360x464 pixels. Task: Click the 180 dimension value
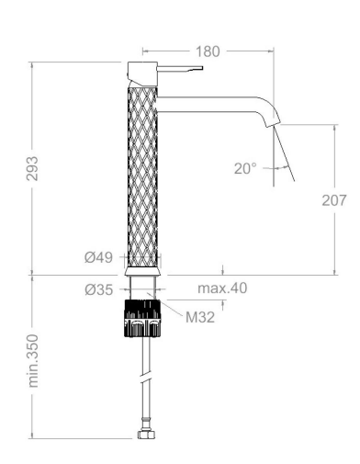(x=208, y=51)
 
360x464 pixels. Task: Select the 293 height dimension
(x=32, y=168)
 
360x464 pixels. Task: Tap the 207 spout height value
(x=334, y=200)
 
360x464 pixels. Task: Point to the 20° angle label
(x=245, y=168)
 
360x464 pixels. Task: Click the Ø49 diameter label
(x=98, y=257)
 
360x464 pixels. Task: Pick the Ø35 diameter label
(x=99, y=289)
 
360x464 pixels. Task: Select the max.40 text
(x=222, y=289)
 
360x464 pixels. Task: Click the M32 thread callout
(x=200, y=317)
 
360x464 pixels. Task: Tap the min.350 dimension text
(x=33, y=361)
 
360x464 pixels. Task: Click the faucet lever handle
(x=180, y=69)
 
